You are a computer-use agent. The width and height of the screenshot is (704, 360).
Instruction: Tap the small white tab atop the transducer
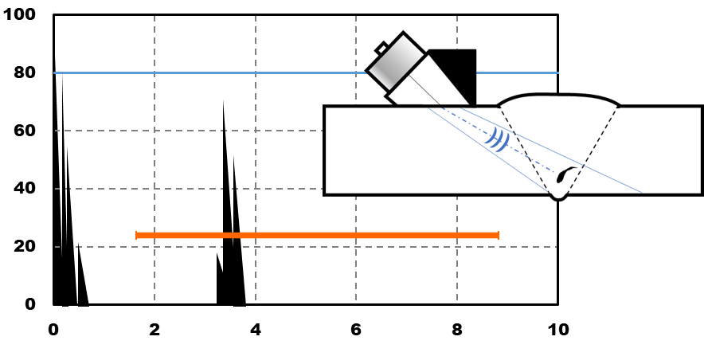382,49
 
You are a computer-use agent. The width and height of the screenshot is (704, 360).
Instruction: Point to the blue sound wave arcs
497,139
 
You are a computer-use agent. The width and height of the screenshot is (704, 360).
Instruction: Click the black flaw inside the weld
565,174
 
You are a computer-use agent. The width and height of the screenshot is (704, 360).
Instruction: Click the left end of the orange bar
138,235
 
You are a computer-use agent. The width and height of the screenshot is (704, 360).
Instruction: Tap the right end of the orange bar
497,235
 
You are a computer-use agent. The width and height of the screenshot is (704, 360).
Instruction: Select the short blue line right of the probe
517,72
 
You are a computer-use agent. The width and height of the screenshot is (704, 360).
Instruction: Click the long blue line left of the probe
207,72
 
